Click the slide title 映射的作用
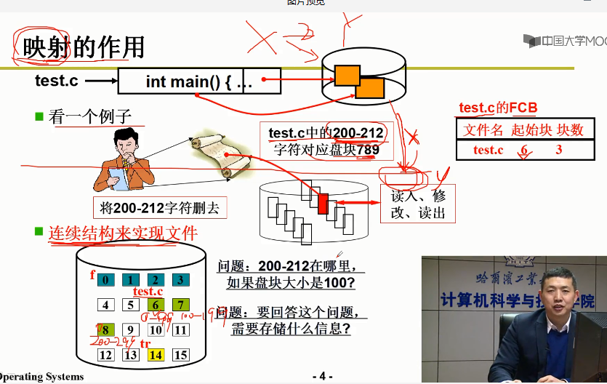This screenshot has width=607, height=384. (84, 47)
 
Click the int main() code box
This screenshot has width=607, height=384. (198, 81)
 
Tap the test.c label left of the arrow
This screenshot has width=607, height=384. (57, 81)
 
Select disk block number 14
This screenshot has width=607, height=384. (156, 355)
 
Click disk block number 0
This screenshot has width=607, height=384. (106, 279)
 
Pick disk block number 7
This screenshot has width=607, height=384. (180, 305)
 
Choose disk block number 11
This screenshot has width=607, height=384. (180, 330)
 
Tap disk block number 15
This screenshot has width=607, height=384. (180, 355)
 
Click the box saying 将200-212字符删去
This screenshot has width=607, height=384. (159, 208)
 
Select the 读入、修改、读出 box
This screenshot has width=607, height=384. (418, 204)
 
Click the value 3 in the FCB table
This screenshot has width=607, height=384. (558, 150)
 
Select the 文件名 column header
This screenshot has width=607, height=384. (484, 129)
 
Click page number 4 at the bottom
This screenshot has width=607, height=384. (322, 376)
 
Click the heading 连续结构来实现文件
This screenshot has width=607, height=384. (122, 233)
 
